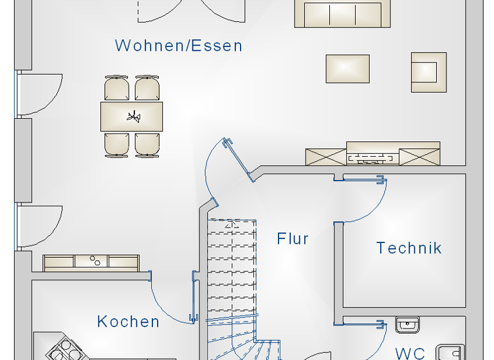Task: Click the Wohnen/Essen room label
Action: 178,46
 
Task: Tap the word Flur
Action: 293,239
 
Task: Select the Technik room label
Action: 409,248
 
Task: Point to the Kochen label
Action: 129,321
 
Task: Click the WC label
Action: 410,353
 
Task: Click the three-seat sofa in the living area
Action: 342,14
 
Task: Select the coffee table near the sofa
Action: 348,69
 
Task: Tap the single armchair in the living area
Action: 429,68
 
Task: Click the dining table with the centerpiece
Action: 132,116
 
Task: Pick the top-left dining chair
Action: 117,87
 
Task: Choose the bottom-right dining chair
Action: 147,144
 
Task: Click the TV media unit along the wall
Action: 374,155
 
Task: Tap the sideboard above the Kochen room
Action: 91,262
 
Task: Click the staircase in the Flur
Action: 232,270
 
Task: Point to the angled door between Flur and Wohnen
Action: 236,157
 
